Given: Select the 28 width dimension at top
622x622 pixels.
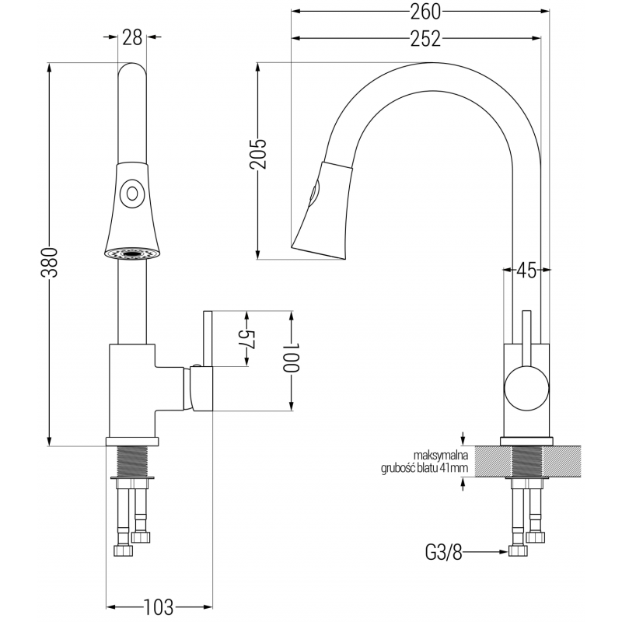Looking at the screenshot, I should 131,37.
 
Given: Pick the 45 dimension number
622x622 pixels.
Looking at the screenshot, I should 526,271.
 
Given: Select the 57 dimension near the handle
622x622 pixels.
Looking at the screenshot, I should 246,340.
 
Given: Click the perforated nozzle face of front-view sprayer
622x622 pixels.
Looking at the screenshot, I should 131,252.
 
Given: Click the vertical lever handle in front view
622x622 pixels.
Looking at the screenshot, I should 208,361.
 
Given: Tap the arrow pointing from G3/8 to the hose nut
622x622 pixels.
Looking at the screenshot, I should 486,554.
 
